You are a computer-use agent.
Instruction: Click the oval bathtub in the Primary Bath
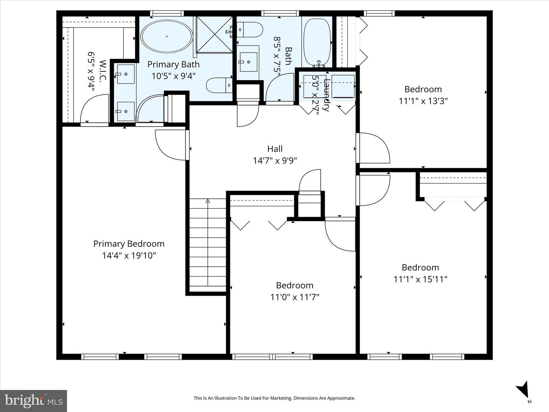(167, 37)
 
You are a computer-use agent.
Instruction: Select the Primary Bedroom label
(129, 244)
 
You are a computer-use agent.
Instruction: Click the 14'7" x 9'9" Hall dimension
(275, 161)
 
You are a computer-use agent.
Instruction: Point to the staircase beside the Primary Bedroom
(208, 244)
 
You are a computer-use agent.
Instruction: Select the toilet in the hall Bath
(250, 30)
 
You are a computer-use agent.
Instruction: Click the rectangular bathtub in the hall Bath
(316, 42)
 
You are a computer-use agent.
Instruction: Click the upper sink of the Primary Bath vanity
(125, 74)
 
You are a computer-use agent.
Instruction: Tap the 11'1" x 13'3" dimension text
(423, 101)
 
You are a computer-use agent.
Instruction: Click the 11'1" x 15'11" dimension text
(420, 279)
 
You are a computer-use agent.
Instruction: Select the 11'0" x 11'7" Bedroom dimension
(295, 297)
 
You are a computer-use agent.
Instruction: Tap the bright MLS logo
(34, 401)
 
